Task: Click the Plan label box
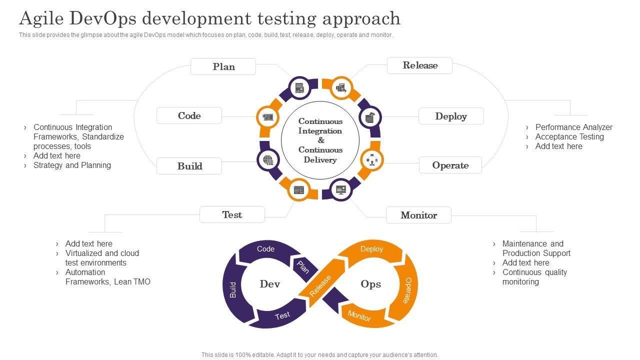pyautogui.click(x=223, y=66)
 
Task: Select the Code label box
pyautogui.click(x=189, y=115)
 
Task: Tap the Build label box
pyautogui.click(x=189, y=166)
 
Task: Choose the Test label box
pyautogui.click(x=232, y=214)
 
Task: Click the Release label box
pyautogui.click(x=420, y=65)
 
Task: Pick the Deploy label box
pyautogui.click(x=451, y=116)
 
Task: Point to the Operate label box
pyautogui.click(x=450, y=165)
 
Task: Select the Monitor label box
pyautogui.click(x=418, y=215)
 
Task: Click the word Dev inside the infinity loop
pyautogui.click(x=270, y=284)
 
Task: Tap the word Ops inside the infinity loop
pyautogui.click(x=371, y=284)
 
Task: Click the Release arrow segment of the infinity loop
pyautogui.click(x=320, y=285)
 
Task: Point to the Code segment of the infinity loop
pyautogui.click(x=265, y=249)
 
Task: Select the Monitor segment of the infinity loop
pyautogui.click(x=359, y=316)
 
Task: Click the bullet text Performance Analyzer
pyautogui.click(x=573, y=127)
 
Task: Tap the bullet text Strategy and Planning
pyautogui.click(x=72, y=165)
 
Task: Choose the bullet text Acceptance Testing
pyautogui.click(x=569, y=136)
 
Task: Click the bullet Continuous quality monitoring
pyautogui.click(x=534, y=277)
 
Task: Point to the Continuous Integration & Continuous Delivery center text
pyautogui.click(x=320, y=140)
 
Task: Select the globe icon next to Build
pyautogui.click(x=268, y=160)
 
